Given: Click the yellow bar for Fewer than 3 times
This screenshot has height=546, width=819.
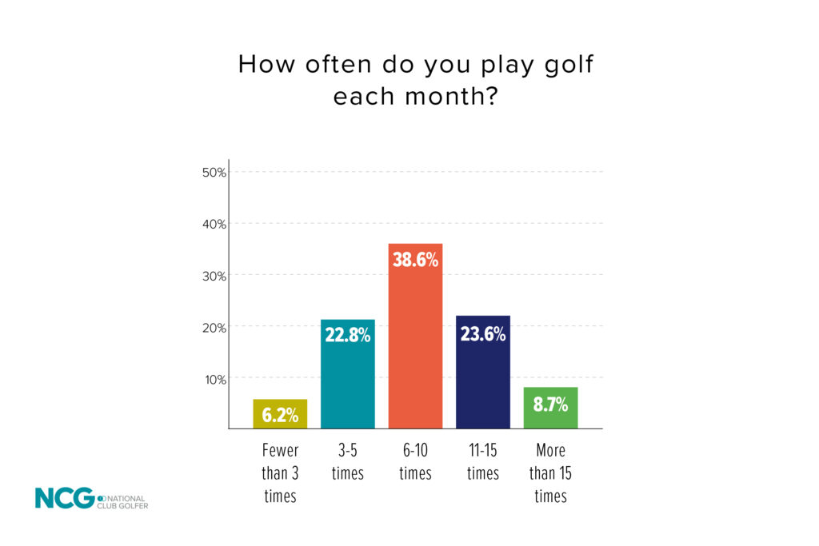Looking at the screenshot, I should (280, 413).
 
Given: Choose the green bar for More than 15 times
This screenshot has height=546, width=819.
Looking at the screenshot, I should (550, 408).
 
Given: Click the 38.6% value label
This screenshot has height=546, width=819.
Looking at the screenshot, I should (415, 259).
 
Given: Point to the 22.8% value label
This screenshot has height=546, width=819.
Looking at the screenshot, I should (348, 335).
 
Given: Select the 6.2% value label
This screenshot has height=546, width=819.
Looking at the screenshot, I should (280, 415).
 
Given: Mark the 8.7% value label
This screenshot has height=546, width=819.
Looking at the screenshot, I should (550, 405).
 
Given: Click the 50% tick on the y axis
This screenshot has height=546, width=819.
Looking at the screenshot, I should (214, 173).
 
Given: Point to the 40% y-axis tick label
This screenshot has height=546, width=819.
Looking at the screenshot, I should (214, 224).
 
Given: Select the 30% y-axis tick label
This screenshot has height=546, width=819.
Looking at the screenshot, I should (214, 276).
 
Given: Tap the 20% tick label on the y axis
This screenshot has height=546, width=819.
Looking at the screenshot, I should (214, 327).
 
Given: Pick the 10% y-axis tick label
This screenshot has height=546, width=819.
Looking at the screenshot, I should (214, 379).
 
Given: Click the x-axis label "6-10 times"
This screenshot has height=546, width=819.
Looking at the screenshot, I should (415, 462).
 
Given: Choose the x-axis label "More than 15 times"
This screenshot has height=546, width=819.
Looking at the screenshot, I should (550, 473).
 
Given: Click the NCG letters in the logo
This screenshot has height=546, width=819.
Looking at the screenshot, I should (64, 498).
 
